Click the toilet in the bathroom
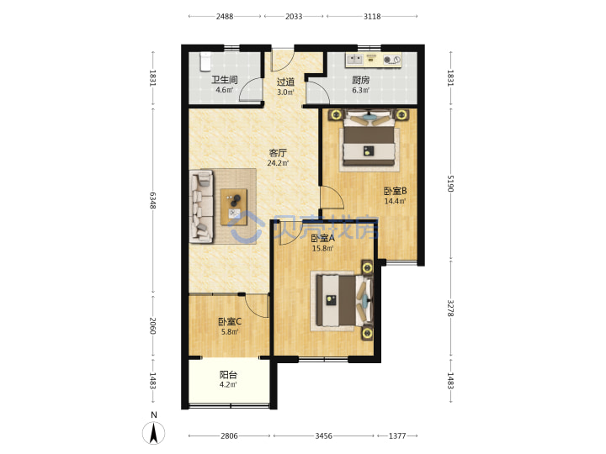(x=205, y=61)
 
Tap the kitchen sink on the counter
(x=354, y=59)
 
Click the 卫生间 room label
(x=224, y=80)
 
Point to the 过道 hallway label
(x=285, y=82)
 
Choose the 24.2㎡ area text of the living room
(x=278, y=163)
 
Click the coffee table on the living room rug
(x=234, y=207)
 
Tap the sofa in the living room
(x=201, y=207)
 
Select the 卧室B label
(x=395, y=191)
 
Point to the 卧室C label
(x=230, y=321)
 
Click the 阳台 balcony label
(x=228, y=374)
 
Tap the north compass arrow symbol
(x=154, y=432)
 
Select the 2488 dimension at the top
(x=225, y=16)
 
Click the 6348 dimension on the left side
(x=153, y=201)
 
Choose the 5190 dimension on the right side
(x=450, y=184)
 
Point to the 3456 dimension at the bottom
(x=323, y=436)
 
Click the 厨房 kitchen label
(x=360, y=80)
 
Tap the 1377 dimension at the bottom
(x=397, y=436)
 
